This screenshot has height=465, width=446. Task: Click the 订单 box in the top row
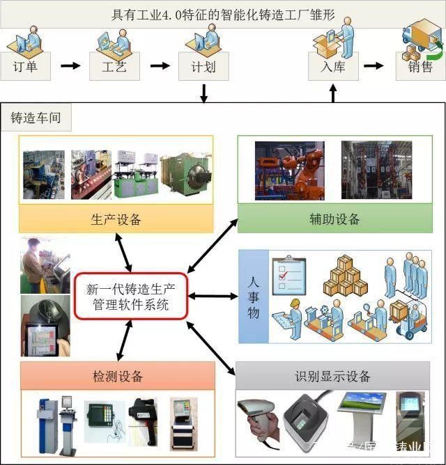[x=25, y=67]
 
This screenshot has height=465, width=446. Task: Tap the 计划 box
[x=203, y=67]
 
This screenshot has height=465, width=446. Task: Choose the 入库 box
[x=333, y=67]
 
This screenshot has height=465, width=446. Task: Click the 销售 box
[x=420, y=67]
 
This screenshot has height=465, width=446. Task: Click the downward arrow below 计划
[x=204, y=93]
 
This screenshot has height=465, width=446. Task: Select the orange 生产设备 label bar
[x=116, y=220]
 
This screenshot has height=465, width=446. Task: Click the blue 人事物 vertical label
[x=254, y=297]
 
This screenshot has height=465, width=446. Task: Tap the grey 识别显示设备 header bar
[x=332, y=377]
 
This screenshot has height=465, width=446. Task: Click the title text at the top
[x=223, y=13]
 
